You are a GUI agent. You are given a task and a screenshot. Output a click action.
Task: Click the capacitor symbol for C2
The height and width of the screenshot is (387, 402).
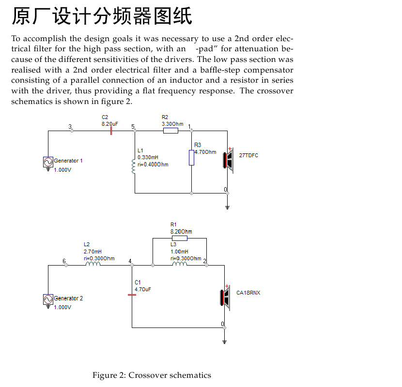point(111,131)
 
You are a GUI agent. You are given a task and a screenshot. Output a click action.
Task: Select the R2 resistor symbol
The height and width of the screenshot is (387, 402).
point(171,131)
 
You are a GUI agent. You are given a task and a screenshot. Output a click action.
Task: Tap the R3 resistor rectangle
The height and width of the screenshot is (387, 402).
point(191,158)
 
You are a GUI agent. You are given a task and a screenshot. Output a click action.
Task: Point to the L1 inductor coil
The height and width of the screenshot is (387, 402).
point(133,166)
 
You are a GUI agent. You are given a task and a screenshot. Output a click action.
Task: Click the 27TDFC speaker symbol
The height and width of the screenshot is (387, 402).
point(229,160)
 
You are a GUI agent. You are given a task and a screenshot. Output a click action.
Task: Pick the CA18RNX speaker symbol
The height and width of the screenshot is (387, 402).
point(225,298)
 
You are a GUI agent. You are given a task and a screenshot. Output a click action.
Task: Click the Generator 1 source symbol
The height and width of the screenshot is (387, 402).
point(48,162)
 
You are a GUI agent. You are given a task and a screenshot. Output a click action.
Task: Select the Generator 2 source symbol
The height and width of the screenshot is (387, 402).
point(48,299)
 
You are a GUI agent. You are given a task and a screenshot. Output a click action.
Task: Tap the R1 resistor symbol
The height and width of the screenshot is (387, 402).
point(180,238)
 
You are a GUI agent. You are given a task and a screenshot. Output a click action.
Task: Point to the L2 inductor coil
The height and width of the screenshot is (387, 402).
point(93,264)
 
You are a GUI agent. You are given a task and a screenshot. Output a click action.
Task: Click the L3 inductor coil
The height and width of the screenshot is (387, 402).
point(180,264)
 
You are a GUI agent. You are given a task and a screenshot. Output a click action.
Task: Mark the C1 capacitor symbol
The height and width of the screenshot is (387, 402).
point(132,295)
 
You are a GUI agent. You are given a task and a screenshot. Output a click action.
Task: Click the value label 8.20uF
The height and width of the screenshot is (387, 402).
point(110,124)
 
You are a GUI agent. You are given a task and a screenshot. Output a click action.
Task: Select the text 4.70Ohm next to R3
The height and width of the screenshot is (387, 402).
point(205,152)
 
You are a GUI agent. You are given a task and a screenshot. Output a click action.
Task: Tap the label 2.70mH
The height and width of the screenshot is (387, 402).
point(93,252)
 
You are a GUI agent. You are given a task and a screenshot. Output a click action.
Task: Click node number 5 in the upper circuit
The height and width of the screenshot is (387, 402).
point(133,127)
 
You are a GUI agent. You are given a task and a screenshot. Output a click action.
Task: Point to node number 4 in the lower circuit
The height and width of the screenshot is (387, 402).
point(130,261)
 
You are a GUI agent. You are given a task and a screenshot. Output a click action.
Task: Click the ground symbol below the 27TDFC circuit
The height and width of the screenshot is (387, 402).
point(227,208)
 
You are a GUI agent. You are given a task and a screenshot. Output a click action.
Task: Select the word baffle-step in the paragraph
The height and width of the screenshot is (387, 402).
point(220,70)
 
